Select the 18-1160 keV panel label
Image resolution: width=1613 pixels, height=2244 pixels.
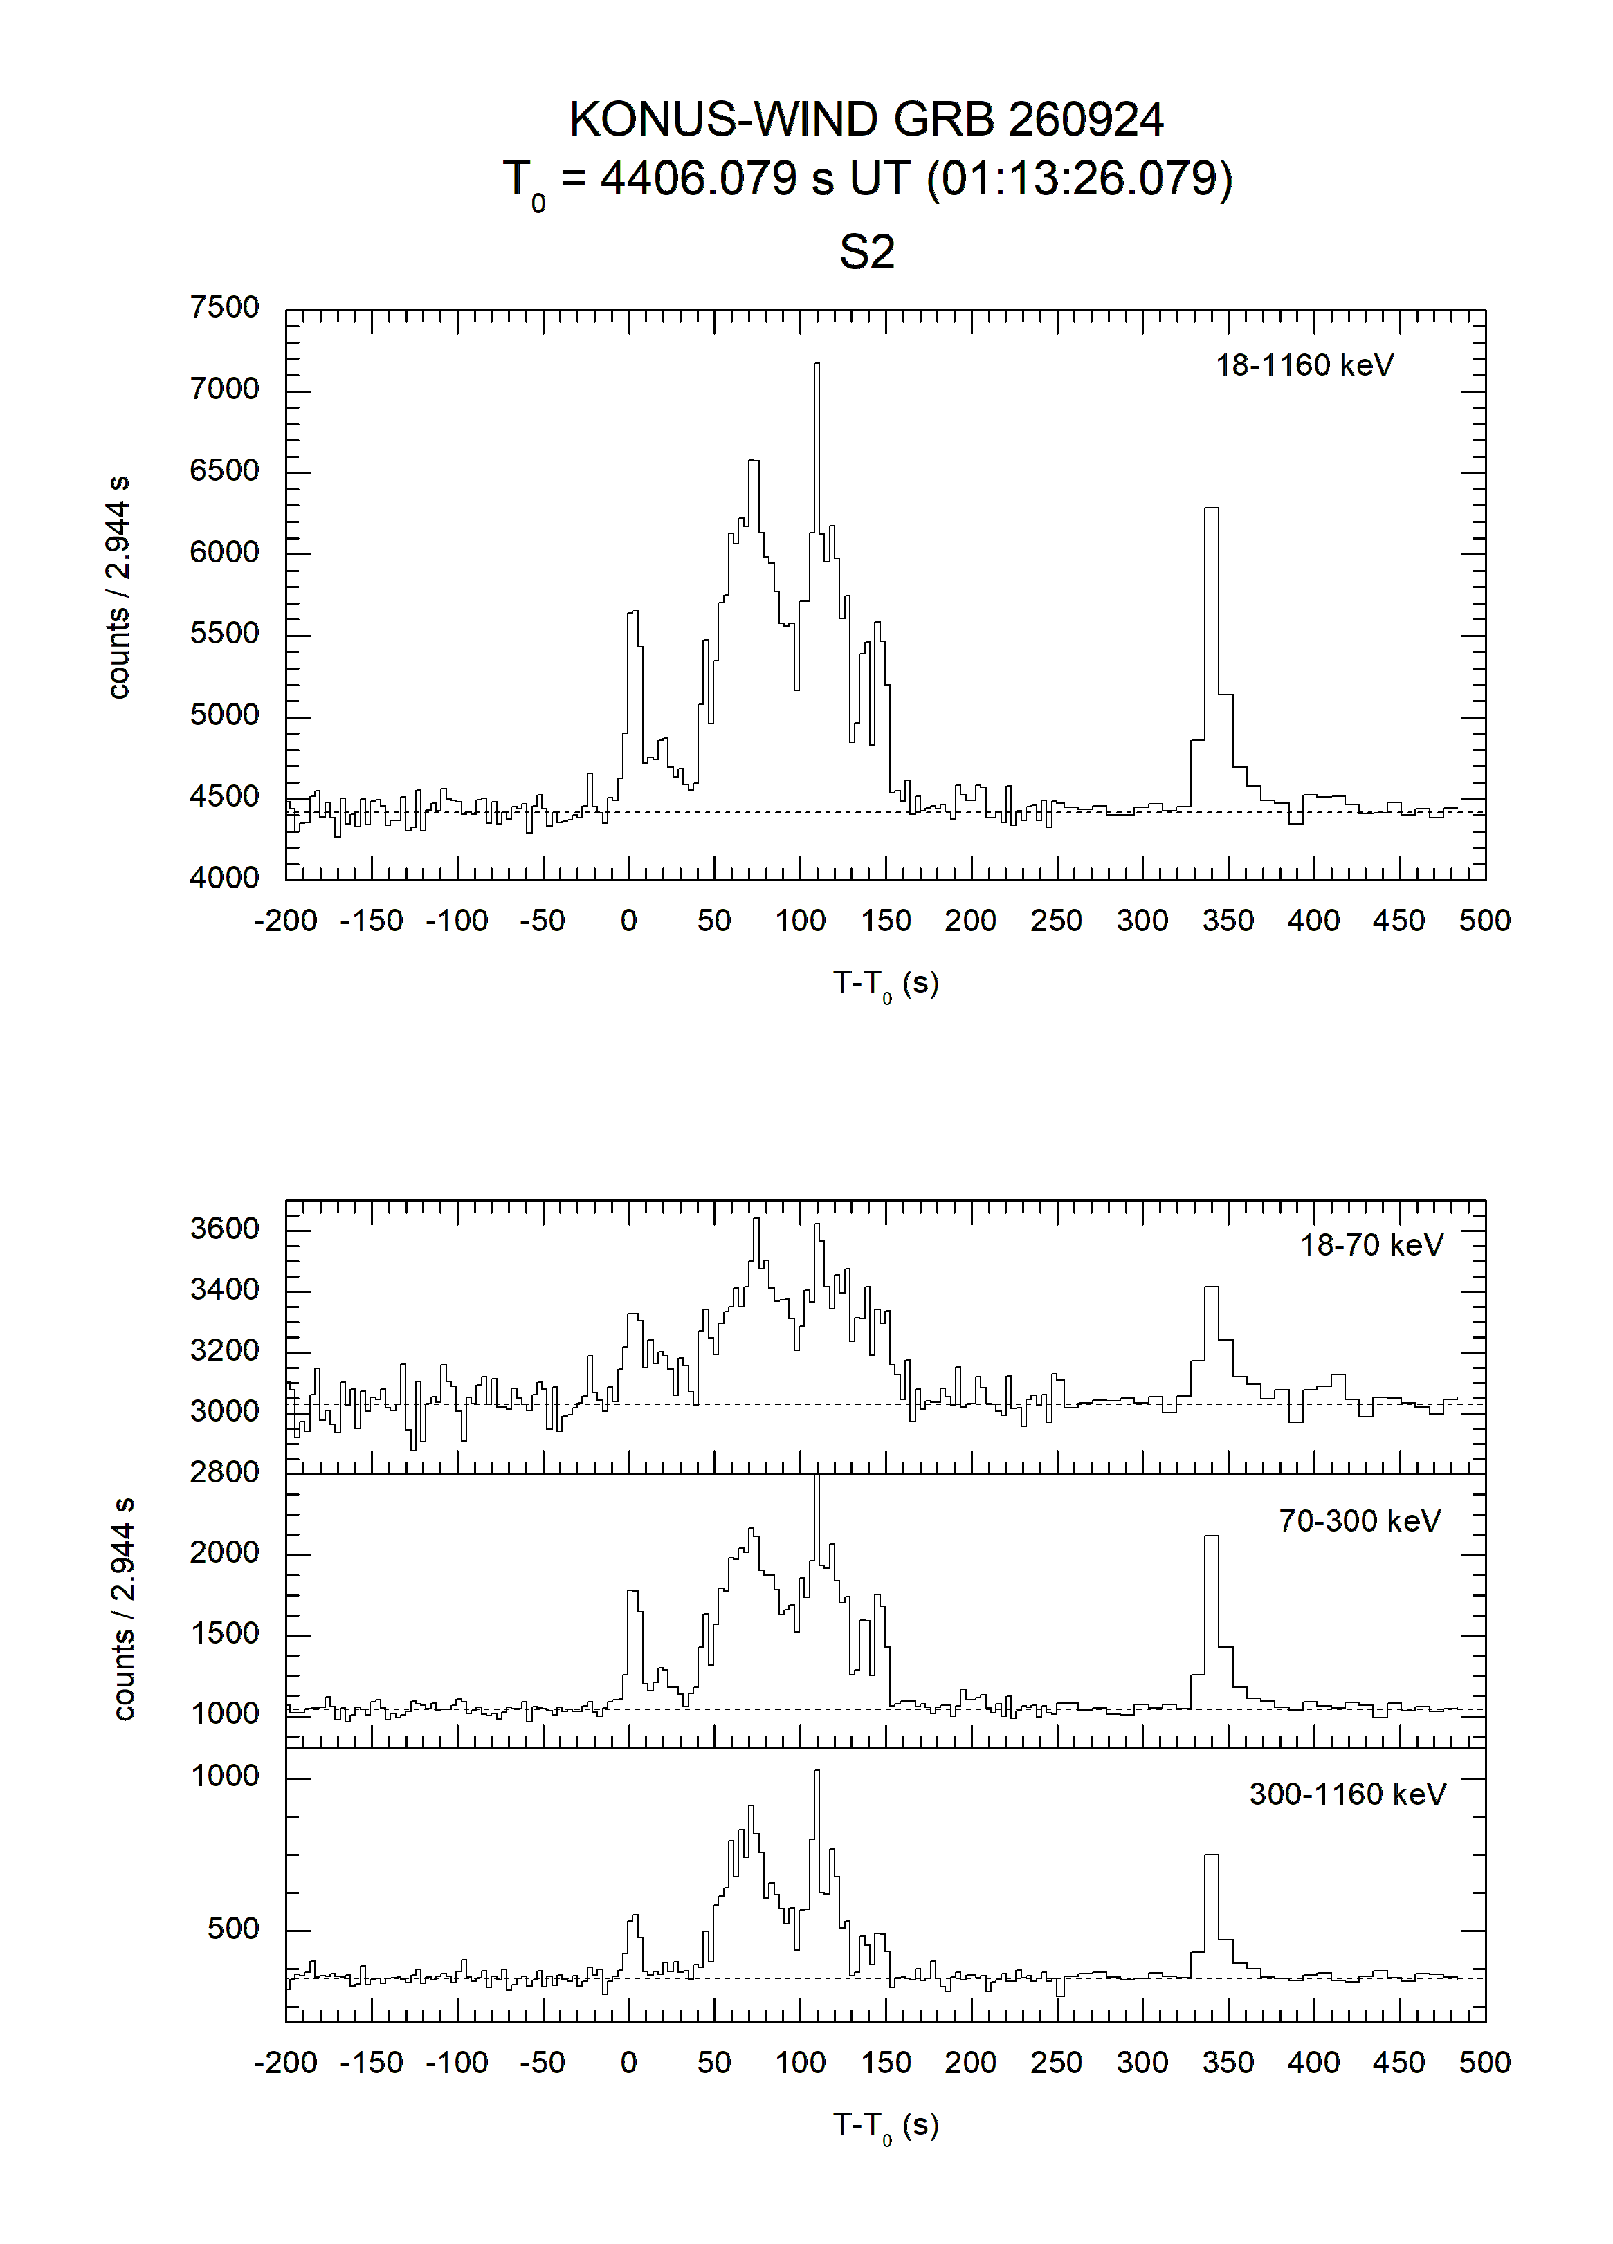coord(1304,365)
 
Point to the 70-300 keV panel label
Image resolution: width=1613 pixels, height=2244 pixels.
coord(1360,1520)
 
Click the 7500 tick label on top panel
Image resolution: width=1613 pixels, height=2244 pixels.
coord(225,308)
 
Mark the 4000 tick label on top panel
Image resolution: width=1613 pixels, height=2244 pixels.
coord(225,878)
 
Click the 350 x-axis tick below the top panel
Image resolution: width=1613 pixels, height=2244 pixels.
coord(1228,921)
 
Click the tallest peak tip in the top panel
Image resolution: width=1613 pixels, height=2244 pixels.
coord(817,364)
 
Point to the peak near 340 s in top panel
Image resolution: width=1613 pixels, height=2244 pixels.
coord(1211,508)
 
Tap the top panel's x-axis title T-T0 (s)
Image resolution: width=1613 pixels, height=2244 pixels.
coord(886,984)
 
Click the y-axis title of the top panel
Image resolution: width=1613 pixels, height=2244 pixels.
coord(119,589)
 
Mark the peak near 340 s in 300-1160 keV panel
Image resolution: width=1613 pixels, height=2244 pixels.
coord(1211,1855)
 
